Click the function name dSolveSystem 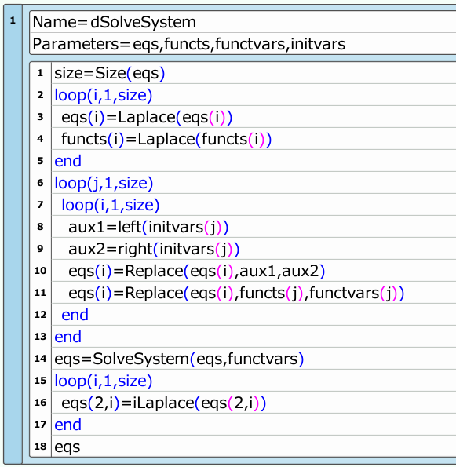[x=143, y=23]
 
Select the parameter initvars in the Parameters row [x=318, y=44]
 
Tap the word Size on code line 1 [x=111, y=73]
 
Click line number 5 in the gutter [x=40, y=161]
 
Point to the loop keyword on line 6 [x=71, y=184]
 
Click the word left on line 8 [x=130, y=227]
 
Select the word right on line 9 [x=135, y=250]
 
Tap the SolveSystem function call [x=140, y=359]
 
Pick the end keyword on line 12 [x=75, y=315]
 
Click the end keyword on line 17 [x=67, y=425]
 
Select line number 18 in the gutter [x=40, y=447]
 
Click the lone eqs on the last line [x=67, y=447]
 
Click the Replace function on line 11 [x=154, y=294]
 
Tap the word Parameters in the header [x=76, y=44]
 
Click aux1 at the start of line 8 [x=86, y=228]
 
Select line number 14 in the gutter [x=40, y=359]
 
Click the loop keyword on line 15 [x=71, y=381]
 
